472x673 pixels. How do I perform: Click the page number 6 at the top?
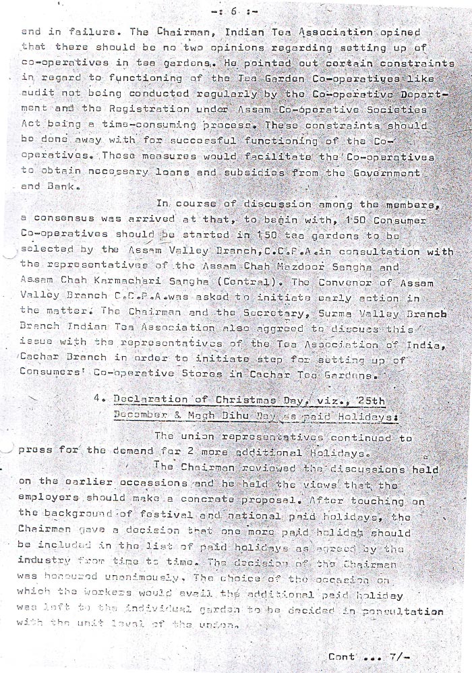233,11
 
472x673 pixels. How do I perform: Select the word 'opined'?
401,32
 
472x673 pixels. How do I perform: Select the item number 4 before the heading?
99,401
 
